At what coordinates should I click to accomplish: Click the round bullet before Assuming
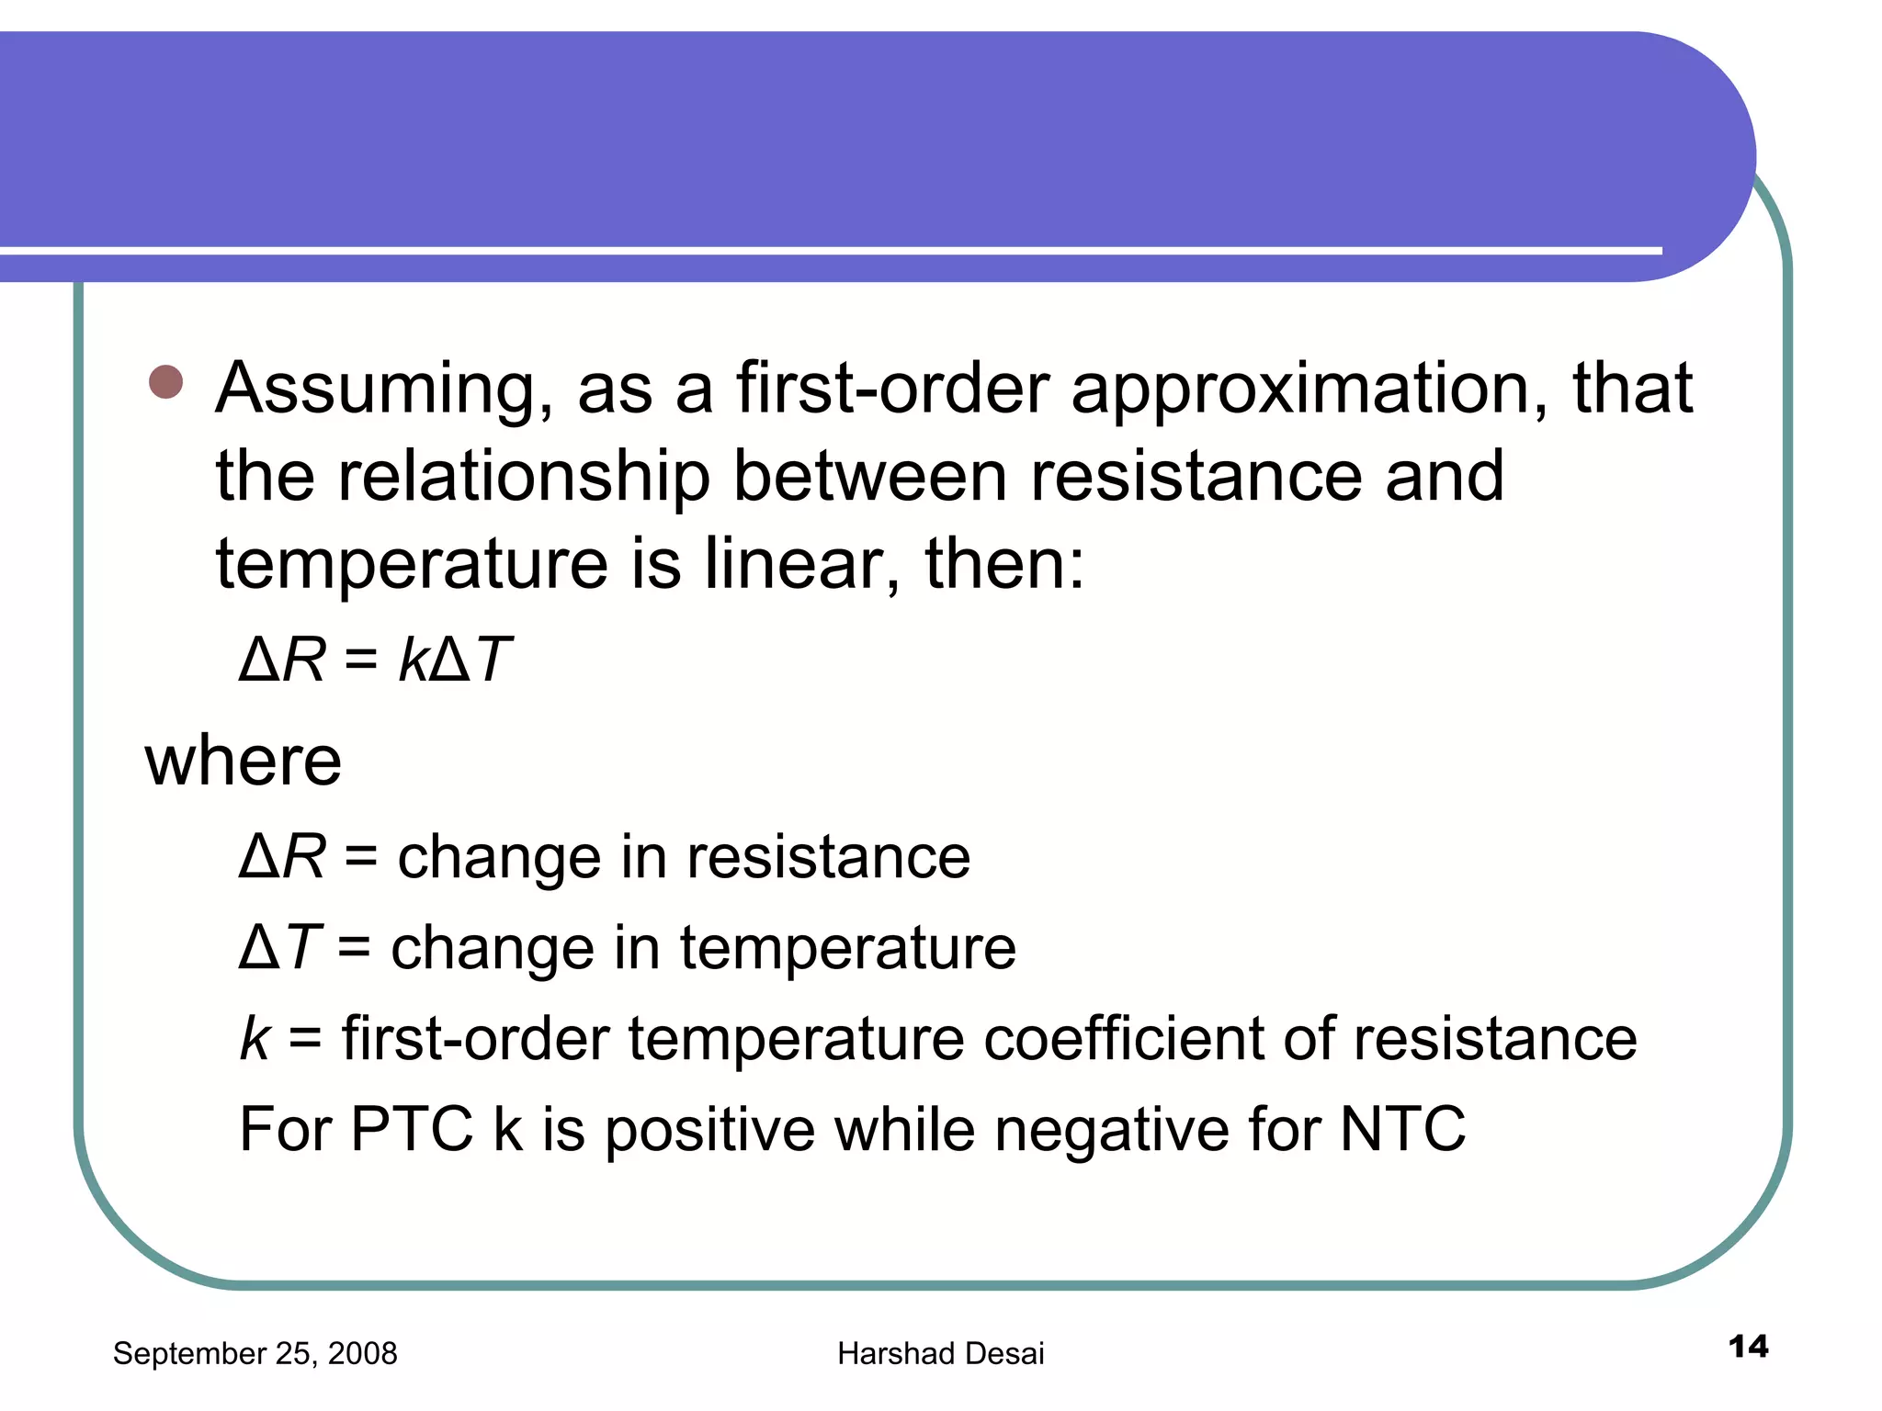[x=165, y=382]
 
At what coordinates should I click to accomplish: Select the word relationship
[x=524, y=478]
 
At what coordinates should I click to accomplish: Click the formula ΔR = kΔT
[x=375, y=660]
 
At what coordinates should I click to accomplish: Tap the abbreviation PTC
[x=411, y=1129]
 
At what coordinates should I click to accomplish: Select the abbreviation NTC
[x=1402, y=1129]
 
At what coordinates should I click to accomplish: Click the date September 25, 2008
[x=255, y=1353]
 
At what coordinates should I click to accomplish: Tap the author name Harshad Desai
[x=940, y=1353]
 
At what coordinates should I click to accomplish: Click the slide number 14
[x=1748, y=1347]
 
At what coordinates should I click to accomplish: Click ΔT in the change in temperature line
[x=278, y=947]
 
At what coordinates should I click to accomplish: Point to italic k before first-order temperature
[x=255, y=1039]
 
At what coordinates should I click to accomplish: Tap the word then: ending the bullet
[x=1004, y=563]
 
